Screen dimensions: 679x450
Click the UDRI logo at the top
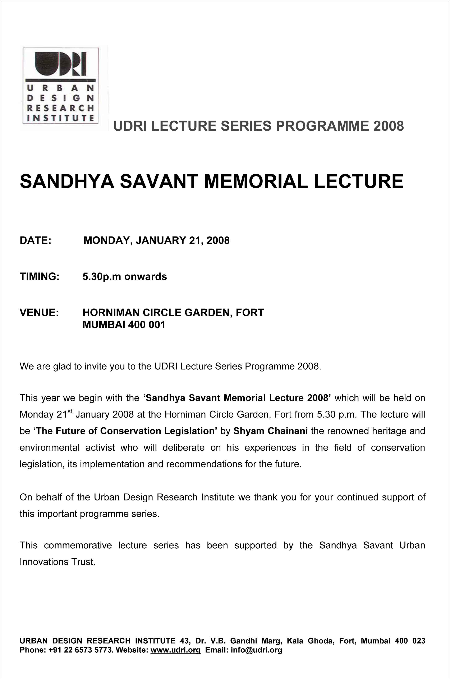pos(61,85)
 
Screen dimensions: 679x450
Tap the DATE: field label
pos(35,240)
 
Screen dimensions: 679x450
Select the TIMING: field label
pos(40,276)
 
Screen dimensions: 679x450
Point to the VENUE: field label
pos(39,312)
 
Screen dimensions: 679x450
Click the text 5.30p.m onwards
pos(125,276)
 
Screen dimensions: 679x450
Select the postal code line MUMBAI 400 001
pos(124,325)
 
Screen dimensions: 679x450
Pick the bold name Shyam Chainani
pos(270,431)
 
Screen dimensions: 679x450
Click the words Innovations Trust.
pos(57,562)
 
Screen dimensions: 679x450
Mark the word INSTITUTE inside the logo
pos(61,118)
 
